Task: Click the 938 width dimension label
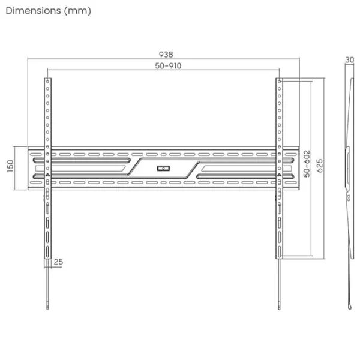pos(166,55)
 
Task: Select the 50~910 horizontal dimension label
pos(168,66)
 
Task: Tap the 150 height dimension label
pos(10,166)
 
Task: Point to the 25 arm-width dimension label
pos(58,262)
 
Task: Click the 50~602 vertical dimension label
pos(307,164)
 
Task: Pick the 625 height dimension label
pos(320,166)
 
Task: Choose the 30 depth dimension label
pos(349,60)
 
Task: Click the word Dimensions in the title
pos(33,11)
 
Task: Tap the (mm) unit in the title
pos(77,11)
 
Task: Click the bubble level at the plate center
pos(163,169)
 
